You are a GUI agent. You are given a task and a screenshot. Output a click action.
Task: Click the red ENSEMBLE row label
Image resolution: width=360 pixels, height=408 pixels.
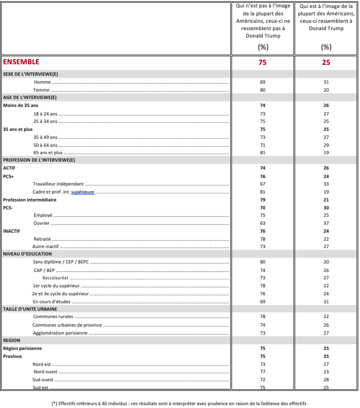[21, 62]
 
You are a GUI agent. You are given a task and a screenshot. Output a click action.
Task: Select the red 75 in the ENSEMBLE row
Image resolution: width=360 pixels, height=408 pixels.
[262, 63]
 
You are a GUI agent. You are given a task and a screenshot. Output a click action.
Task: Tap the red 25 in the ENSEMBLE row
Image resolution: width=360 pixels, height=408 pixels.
[326, 63]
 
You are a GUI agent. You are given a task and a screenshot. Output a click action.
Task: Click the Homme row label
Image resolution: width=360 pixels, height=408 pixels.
[42, 82]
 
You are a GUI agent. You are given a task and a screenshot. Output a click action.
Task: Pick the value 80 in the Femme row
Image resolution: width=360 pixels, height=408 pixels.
[262, 90]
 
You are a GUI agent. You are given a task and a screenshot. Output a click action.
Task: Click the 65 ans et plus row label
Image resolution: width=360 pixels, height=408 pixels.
[48, 153]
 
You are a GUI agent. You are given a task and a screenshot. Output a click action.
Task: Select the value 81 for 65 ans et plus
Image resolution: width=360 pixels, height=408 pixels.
[262, 153]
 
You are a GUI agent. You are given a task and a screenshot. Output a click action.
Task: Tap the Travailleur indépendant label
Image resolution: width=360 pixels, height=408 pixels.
[58, 184]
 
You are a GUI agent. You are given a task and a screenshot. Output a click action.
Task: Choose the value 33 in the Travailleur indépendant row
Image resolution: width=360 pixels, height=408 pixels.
[326, 184]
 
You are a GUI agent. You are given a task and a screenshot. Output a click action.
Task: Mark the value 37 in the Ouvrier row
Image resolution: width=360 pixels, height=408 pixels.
[326, 223]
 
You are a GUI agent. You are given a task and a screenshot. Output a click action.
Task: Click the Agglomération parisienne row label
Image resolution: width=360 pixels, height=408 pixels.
[60, 332]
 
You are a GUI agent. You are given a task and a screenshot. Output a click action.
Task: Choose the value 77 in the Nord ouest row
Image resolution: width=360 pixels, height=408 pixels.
[262, 371]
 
